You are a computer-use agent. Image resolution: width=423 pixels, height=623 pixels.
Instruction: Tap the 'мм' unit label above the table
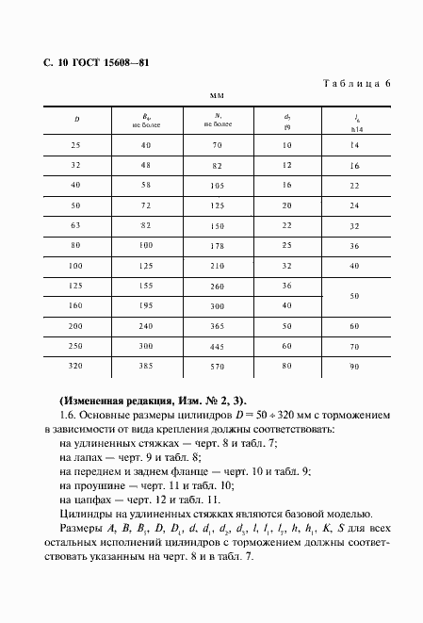pos(216,96)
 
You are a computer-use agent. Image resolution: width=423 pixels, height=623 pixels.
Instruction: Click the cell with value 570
pos(217,366)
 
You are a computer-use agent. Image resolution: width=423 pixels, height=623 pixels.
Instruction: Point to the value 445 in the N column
pos(217,345)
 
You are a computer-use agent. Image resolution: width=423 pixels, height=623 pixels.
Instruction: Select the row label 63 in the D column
pos(76,226)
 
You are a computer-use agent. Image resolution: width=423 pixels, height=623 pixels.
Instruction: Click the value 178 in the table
pos(217,246)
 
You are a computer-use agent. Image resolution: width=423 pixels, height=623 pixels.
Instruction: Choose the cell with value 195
pos(146,306)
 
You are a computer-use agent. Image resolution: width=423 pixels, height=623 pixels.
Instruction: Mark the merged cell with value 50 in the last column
pos(355,296)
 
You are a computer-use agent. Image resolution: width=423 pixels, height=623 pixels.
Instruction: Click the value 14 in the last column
pos(355,146)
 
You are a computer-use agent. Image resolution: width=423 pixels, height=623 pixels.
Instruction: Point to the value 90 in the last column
pos(355,366)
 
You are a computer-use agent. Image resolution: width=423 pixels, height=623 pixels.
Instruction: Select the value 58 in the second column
pos(146,186)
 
